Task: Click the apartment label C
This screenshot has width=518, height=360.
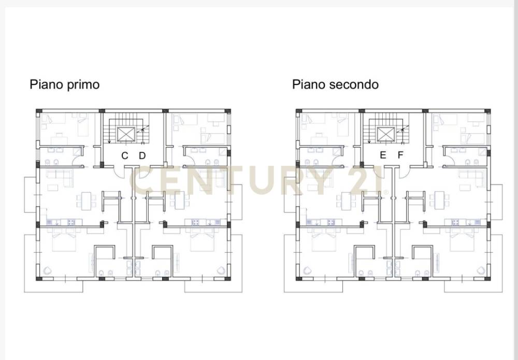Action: click(x=124, y=155)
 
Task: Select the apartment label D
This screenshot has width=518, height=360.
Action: click(x=142, y=155)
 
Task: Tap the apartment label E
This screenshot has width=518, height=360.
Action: click(x=383, y=155)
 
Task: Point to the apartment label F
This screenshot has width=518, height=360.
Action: click(x=400, y=155)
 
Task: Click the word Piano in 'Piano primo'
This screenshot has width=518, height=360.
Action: click(x=46, y=84)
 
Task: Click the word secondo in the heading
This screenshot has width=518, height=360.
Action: click(x=354, y=84)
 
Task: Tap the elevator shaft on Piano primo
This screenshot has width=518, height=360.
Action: click(x=126, y=134)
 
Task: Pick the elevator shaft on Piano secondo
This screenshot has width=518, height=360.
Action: click(x=386, y=134)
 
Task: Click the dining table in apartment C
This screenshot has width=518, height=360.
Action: click(x=86, y=201)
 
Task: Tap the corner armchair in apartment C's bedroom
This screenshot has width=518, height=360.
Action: click(x=47, y=270)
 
